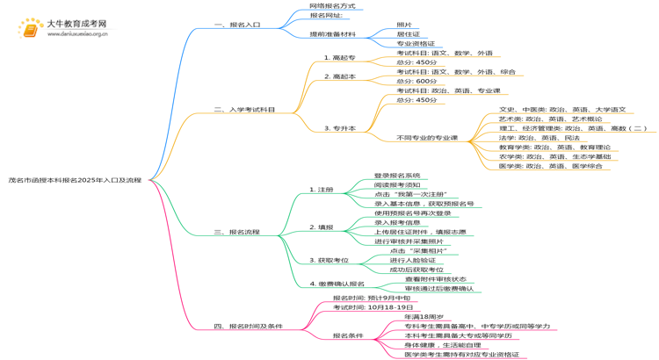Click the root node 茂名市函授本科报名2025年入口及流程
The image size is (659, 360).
click(75, 180)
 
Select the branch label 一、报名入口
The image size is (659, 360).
click(237, 25)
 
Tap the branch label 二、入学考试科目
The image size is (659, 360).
click(244, 110)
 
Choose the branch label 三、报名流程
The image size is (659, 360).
click(237, 233)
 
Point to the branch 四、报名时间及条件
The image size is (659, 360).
click(249, 326)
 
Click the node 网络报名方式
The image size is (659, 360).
click(332, 6)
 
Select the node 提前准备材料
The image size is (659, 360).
click(333, 34)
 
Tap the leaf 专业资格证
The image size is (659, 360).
click(416, 43)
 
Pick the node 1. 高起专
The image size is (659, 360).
click(340, 58)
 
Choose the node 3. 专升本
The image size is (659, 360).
click(340, 128)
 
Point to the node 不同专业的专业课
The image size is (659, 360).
click(427, 138)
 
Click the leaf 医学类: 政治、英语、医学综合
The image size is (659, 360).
click(551, 166)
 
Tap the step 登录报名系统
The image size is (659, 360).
click(397, 176)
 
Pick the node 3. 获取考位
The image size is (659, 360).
click(329, 260)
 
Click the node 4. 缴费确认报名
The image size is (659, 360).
click(337, 284)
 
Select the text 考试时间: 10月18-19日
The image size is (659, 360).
click(373, 307)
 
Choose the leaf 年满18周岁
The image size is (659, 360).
click(424, 316)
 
